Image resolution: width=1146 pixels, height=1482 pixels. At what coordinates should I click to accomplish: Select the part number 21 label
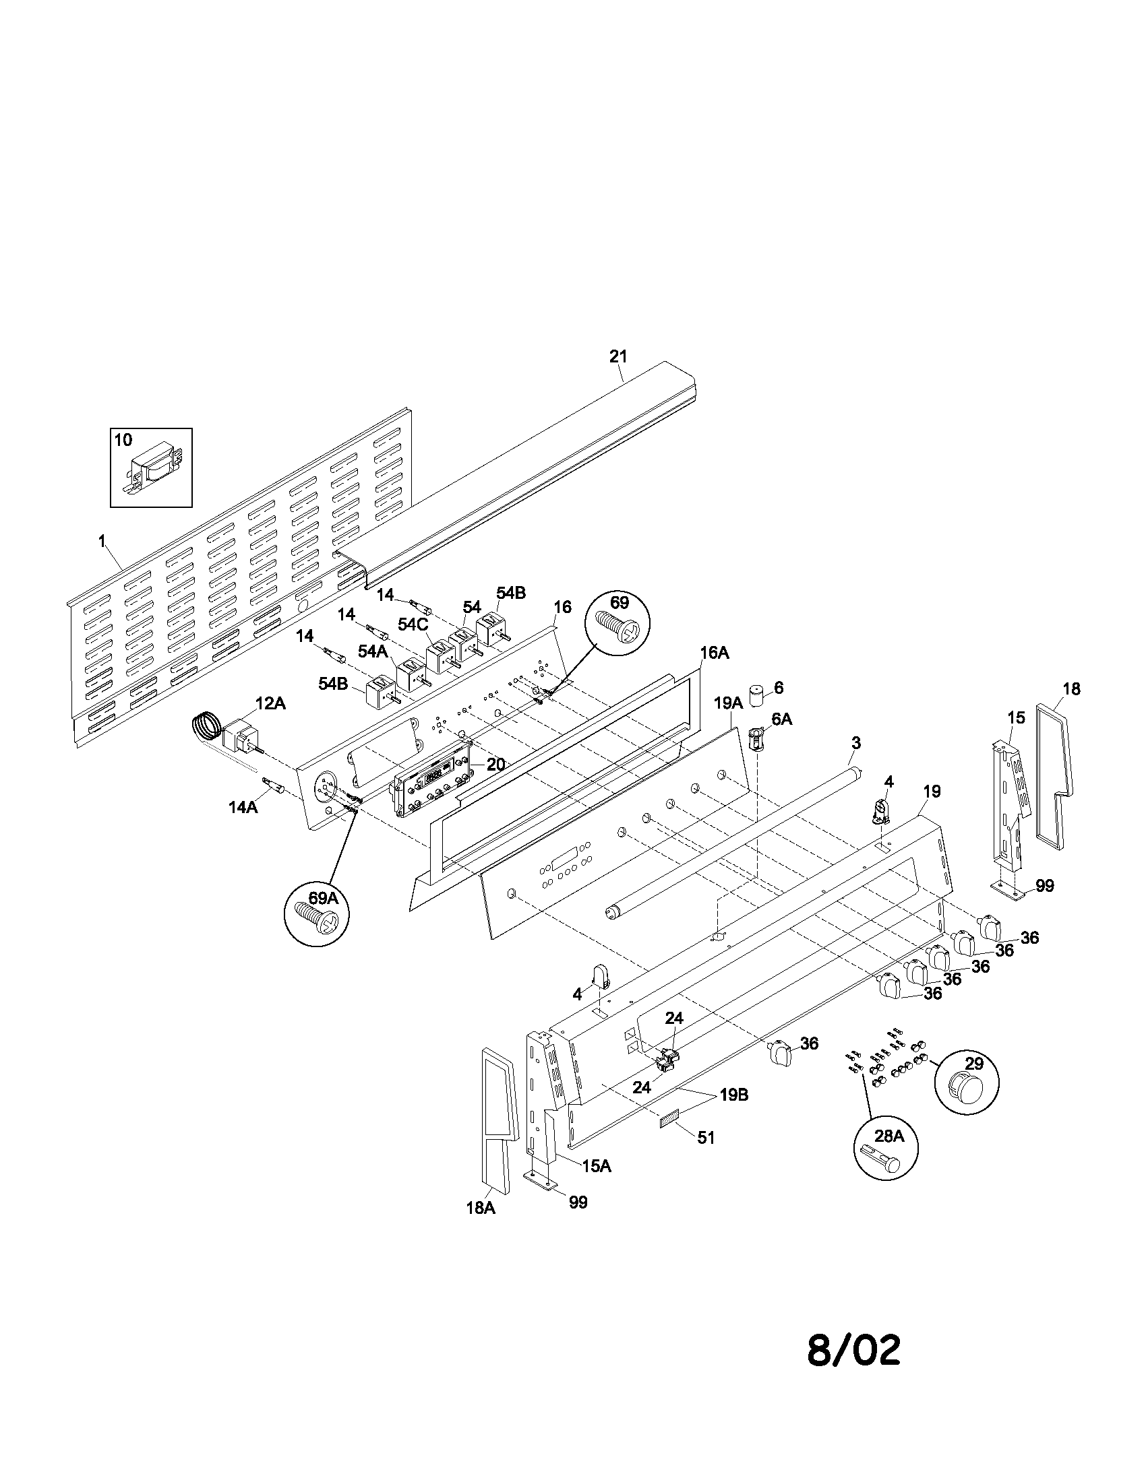click(618, 356)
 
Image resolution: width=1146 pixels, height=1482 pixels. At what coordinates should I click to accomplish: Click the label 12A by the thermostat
click(270, 704)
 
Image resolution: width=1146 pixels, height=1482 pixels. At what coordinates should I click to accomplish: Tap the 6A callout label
click(781, 719)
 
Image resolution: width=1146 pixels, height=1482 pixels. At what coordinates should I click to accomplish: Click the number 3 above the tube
click(855, 743)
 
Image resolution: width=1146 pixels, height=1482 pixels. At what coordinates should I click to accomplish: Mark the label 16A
click(714, 653)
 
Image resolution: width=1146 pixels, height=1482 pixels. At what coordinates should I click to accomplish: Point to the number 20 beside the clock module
click(495, 764)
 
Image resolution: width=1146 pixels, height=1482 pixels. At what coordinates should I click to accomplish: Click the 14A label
click(243, 807)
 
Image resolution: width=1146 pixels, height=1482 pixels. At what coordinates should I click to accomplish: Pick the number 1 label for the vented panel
click(102, 541)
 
